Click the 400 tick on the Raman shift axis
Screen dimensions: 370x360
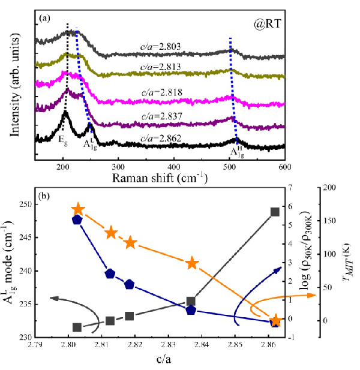tap(173, 166)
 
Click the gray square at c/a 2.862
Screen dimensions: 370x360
tap(275, 212)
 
